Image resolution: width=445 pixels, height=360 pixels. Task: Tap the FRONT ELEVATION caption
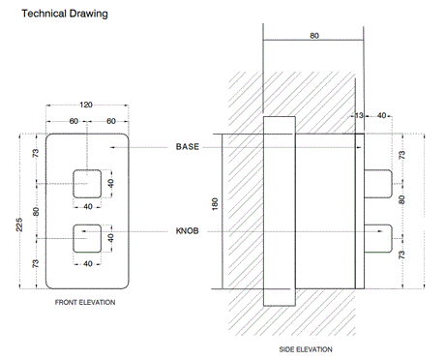pos(85,303)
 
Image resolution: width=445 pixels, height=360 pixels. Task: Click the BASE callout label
pos(188,146)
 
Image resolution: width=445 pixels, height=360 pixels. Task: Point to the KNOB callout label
pos(188,232)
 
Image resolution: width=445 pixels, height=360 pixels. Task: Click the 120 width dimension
pos(85,103)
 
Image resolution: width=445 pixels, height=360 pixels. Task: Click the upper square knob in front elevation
pos(86,181)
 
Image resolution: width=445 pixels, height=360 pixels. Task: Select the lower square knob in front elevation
pos(86,237)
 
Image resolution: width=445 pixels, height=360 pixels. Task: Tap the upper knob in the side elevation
pos(379,182)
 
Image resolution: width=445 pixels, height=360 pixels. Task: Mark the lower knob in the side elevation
pos(379,239)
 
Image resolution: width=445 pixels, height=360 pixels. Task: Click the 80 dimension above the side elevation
pos(314,35)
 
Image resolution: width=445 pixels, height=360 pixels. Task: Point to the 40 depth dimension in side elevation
pos(383,116)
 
